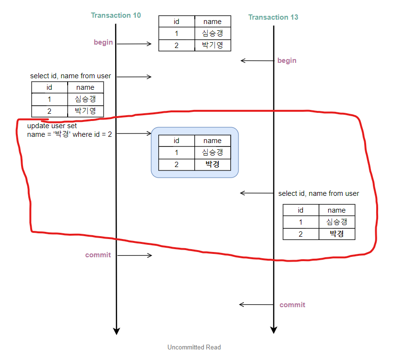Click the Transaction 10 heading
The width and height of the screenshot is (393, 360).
coord(116,15)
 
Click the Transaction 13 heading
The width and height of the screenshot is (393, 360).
coord(273,17)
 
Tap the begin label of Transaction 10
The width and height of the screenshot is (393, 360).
coord(103,42)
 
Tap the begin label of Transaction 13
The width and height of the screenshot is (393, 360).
coord(287,60)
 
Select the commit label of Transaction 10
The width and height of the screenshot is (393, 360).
coord(98,255)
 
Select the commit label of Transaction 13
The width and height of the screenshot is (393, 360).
coord(292,305)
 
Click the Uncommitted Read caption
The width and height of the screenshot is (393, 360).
coord(194,347)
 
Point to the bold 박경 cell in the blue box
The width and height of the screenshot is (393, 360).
coord(213,165)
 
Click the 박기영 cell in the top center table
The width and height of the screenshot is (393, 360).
coord(213,46)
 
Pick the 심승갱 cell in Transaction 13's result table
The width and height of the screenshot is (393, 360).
coord(337,222)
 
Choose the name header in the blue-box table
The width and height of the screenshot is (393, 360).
coord(213,141)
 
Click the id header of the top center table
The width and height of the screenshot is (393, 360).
coord(177,22)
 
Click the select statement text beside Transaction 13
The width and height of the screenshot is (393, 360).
coord(319,193)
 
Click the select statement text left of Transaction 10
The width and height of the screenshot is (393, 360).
coord(71,76)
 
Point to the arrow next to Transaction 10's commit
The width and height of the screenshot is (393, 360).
coord(134,255)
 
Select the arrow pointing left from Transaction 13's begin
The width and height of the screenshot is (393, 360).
coord(257,60)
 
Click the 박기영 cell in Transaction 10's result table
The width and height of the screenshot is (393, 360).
coord(85,111)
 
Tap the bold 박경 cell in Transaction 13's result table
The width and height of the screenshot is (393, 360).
coord(337,234)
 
